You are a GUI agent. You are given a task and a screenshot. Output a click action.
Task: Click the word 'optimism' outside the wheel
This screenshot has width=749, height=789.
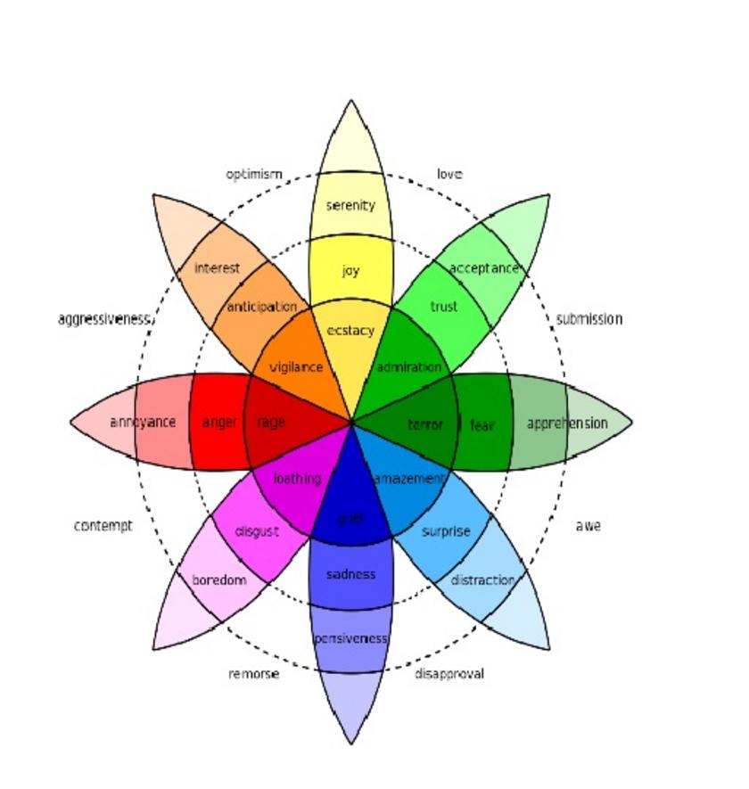[253, 174]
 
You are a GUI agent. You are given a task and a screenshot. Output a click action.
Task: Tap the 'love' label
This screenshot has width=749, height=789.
[449, 174]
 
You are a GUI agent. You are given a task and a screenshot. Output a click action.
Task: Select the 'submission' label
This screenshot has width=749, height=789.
[589, 318]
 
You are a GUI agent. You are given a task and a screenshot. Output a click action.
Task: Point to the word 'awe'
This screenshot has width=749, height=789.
[588, 526]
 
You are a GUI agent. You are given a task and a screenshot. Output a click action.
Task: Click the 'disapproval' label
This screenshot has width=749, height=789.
[449, 673]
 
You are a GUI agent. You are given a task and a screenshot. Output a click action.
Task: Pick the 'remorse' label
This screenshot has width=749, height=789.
[253, 674]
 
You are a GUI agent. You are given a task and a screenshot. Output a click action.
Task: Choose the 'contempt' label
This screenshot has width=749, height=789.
[103, 526]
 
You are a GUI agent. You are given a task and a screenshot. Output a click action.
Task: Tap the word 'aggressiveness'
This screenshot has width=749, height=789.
[104, 319]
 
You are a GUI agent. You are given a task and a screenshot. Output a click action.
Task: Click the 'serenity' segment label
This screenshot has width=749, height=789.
[350, 205]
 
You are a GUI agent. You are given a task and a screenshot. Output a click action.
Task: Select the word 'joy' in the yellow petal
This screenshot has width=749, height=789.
[350, 270]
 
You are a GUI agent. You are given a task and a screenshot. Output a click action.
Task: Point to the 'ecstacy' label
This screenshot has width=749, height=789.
[350, 331]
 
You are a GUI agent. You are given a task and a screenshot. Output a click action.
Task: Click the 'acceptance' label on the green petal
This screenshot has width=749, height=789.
[483, 267]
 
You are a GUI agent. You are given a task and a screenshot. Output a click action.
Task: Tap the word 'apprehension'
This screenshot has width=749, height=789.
[567, 423]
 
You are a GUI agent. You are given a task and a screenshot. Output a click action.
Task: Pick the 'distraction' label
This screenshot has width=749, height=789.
[482, 580]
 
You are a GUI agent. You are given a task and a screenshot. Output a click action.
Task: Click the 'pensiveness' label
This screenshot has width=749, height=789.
[350, 638]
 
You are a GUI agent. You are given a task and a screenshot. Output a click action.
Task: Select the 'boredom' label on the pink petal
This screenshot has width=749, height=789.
[219, 580]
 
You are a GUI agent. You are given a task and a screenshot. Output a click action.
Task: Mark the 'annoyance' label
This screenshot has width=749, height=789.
[143, 422]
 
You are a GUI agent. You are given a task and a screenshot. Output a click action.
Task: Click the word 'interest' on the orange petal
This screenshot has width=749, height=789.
[217, 267]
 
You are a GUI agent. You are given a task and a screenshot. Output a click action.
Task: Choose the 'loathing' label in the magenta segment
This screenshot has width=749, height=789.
[297, 479]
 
